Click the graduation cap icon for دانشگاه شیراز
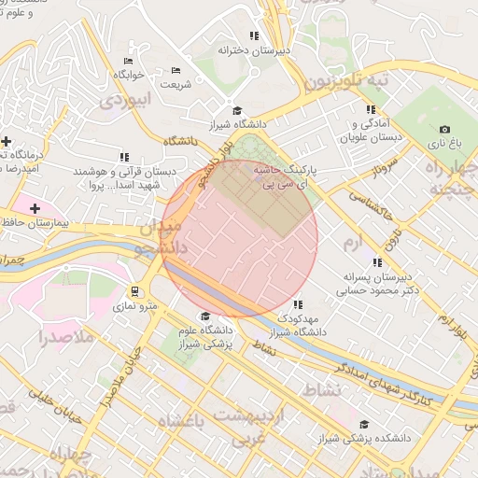[x=235, y=109]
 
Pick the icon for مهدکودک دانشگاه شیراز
[x=297, y=304]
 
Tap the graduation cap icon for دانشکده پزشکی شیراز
[x=363, y=424]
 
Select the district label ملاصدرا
[x=69, y=337]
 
